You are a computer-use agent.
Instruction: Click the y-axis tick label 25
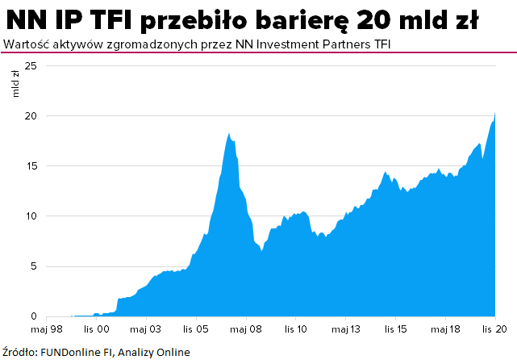(x=31, y=65)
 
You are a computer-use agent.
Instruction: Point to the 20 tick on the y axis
(x=31, y=115)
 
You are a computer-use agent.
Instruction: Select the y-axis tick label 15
(x=31, y=165)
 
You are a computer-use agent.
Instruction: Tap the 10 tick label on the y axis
(x=31, y=216)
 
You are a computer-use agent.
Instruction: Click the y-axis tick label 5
(x=33, y=266)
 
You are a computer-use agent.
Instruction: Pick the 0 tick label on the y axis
(x=33, y=316)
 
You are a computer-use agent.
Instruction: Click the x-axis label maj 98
(x=48, y=329)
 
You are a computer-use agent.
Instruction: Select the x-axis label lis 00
(x=98, y=329)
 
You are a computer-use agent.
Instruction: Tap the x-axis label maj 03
(x=147, y=329)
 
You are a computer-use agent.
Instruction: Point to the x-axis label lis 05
(x=197, y=329)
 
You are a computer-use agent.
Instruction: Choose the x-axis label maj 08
(x=247, y=329)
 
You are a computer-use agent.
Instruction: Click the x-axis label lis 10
(x=296, y=329)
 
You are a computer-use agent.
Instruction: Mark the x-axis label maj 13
(x=346, y=329)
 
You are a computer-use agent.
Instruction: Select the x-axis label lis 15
(x=396, y=329)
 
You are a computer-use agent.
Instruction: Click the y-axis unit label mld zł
(x=15, y=84)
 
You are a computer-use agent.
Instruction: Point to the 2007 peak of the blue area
(x=229, y=134)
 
